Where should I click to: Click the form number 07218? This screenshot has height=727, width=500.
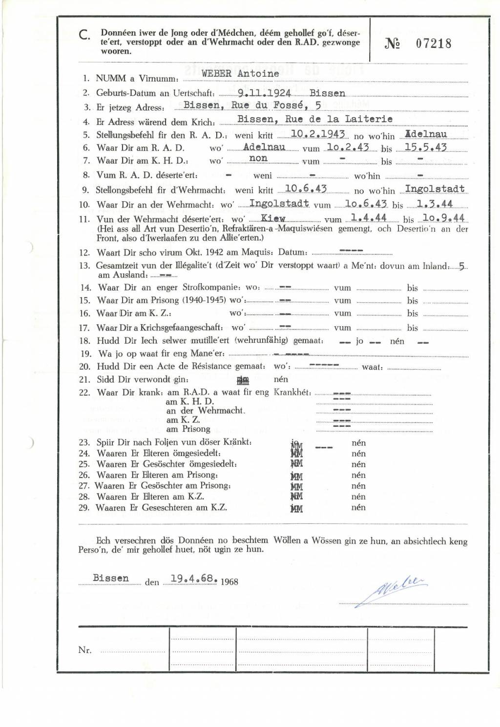coord(434,43)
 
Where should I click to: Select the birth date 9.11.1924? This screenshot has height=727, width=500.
coord(264,93)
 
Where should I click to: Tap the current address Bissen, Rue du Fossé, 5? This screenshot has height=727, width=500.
coord(252,105)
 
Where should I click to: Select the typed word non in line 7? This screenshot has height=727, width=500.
coord(258,158)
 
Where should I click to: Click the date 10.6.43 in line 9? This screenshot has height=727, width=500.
coord(306,189)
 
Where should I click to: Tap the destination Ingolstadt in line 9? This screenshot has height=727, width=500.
coord(435,189)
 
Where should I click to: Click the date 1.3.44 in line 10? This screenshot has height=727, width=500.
coord(435,204)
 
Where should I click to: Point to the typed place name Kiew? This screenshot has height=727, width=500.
coord(273,218)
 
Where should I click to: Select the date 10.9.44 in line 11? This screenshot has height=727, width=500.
coord(444,218)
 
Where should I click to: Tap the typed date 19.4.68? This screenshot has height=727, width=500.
coord(194,579)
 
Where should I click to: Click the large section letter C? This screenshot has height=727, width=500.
coord(84,35)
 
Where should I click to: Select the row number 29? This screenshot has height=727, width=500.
coord(84,508)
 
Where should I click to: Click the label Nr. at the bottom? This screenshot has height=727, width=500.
coord(85,650)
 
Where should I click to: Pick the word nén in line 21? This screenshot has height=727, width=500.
coord(281,379)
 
